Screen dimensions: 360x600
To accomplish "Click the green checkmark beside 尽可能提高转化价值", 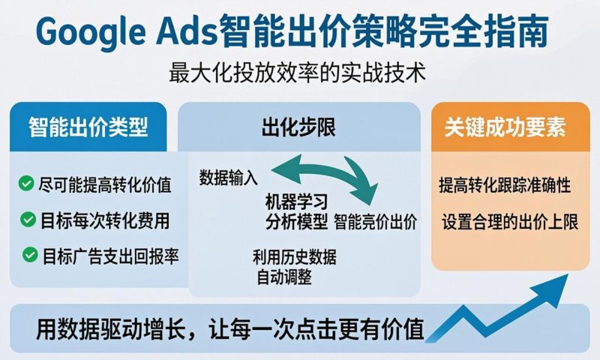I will tap(28, 183).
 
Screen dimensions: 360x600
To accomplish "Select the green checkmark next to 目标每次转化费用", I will tap(28, 219).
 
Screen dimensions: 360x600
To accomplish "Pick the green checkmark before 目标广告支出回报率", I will tap(30, 255).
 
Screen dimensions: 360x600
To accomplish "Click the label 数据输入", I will tap(229, 178).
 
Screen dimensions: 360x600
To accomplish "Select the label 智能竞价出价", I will tap(376, 221).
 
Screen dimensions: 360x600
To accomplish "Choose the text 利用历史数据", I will tap(295, 257).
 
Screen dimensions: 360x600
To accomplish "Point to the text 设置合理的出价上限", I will tap(509, 221).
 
